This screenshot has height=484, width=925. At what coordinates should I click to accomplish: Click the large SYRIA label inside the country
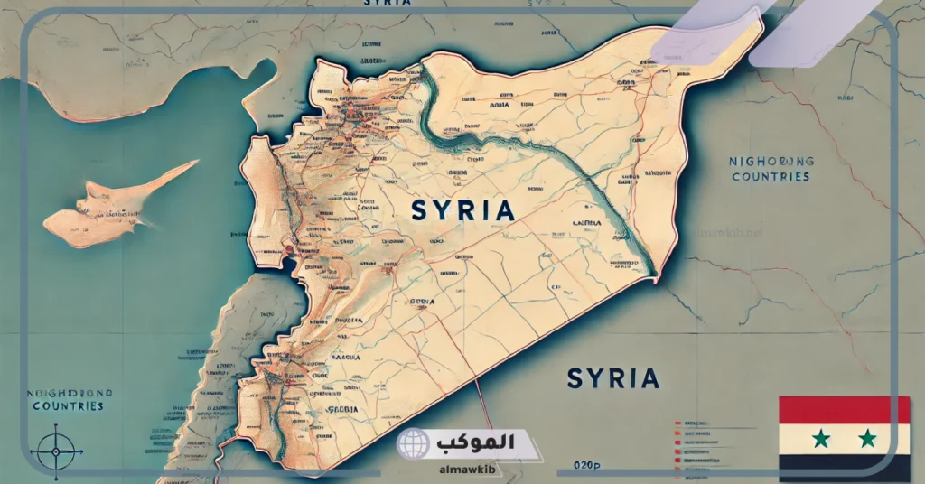tap(462, 211)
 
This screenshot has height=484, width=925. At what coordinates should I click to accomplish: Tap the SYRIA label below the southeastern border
tap(613, 378)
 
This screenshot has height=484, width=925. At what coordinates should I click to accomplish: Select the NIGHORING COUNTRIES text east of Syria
tap(771, 169)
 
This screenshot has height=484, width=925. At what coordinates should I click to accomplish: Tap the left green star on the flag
tap(820, 439)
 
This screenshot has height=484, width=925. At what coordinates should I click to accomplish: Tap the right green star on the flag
tap(867, 439)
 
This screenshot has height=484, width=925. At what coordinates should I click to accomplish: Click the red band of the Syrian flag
tap(845, 410)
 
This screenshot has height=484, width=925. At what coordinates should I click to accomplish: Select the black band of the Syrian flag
tap(845, 469)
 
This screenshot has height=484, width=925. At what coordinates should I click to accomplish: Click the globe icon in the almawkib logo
tap(414, 444)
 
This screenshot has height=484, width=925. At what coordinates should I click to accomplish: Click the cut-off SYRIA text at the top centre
tap(388, 4)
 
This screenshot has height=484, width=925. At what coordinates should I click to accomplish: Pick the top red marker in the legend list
tap(677, 423)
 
